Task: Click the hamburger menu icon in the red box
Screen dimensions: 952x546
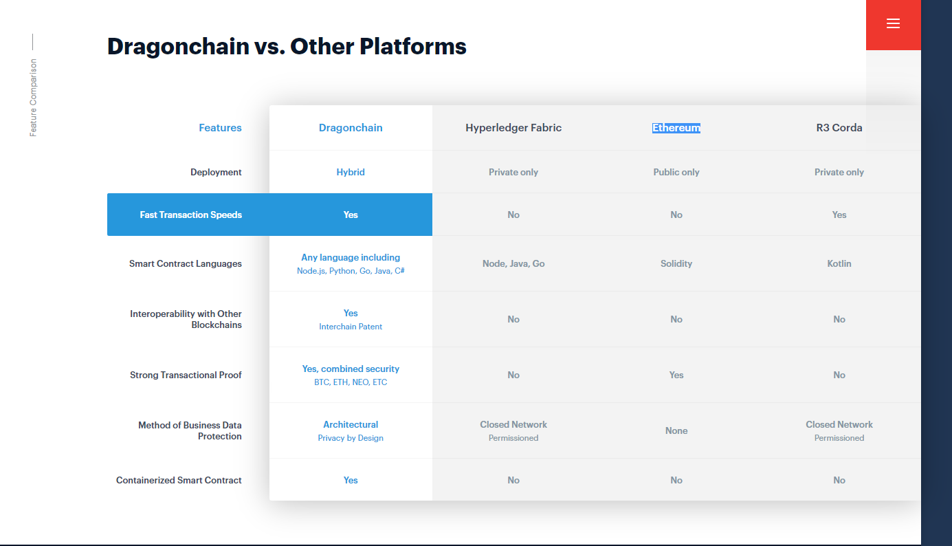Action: [x=893, y=23]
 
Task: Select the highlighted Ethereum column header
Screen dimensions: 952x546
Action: [x=676, y=128]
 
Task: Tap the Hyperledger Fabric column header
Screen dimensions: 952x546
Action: [x=513, y=128]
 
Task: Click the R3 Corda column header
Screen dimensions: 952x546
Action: [x=839, y=128]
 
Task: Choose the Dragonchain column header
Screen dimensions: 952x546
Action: [x=351, y=128]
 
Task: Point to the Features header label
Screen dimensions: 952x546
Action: [x=220, y=128]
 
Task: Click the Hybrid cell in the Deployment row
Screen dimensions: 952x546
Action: [x=351, y=172]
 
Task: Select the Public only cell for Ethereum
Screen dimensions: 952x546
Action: [x=676, y=172]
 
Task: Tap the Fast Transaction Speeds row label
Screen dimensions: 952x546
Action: [x=191, y=215]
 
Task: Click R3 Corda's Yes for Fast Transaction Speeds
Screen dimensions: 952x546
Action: [x=839, y=215]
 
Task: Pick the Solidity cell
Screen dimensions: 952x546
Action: [x=676, y=263]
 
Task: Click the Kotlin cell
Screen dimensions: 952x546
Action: [x=839, y=263]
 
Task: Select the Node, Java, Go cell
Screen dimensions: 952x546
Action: [x=513, y=263]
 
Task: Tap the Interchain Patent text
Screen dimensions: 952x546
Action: [x=351, y=327]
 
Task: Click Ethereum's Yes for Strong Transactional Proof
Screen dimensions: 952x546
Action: [x=676, y=375]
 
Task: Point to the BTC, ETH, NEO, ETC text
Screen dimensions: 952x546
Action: [x=351, y=382]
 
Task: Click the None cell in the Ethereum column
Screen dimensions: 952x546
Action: [x=676, y=430]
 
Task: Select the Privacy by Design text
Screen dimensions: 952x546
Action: [x=351, y=438]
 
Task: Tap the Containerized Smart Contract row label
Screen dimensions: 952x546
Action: [x=179, y=480]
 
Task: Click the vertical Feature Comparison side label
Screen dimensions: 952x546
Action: [x=33, y=98]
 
